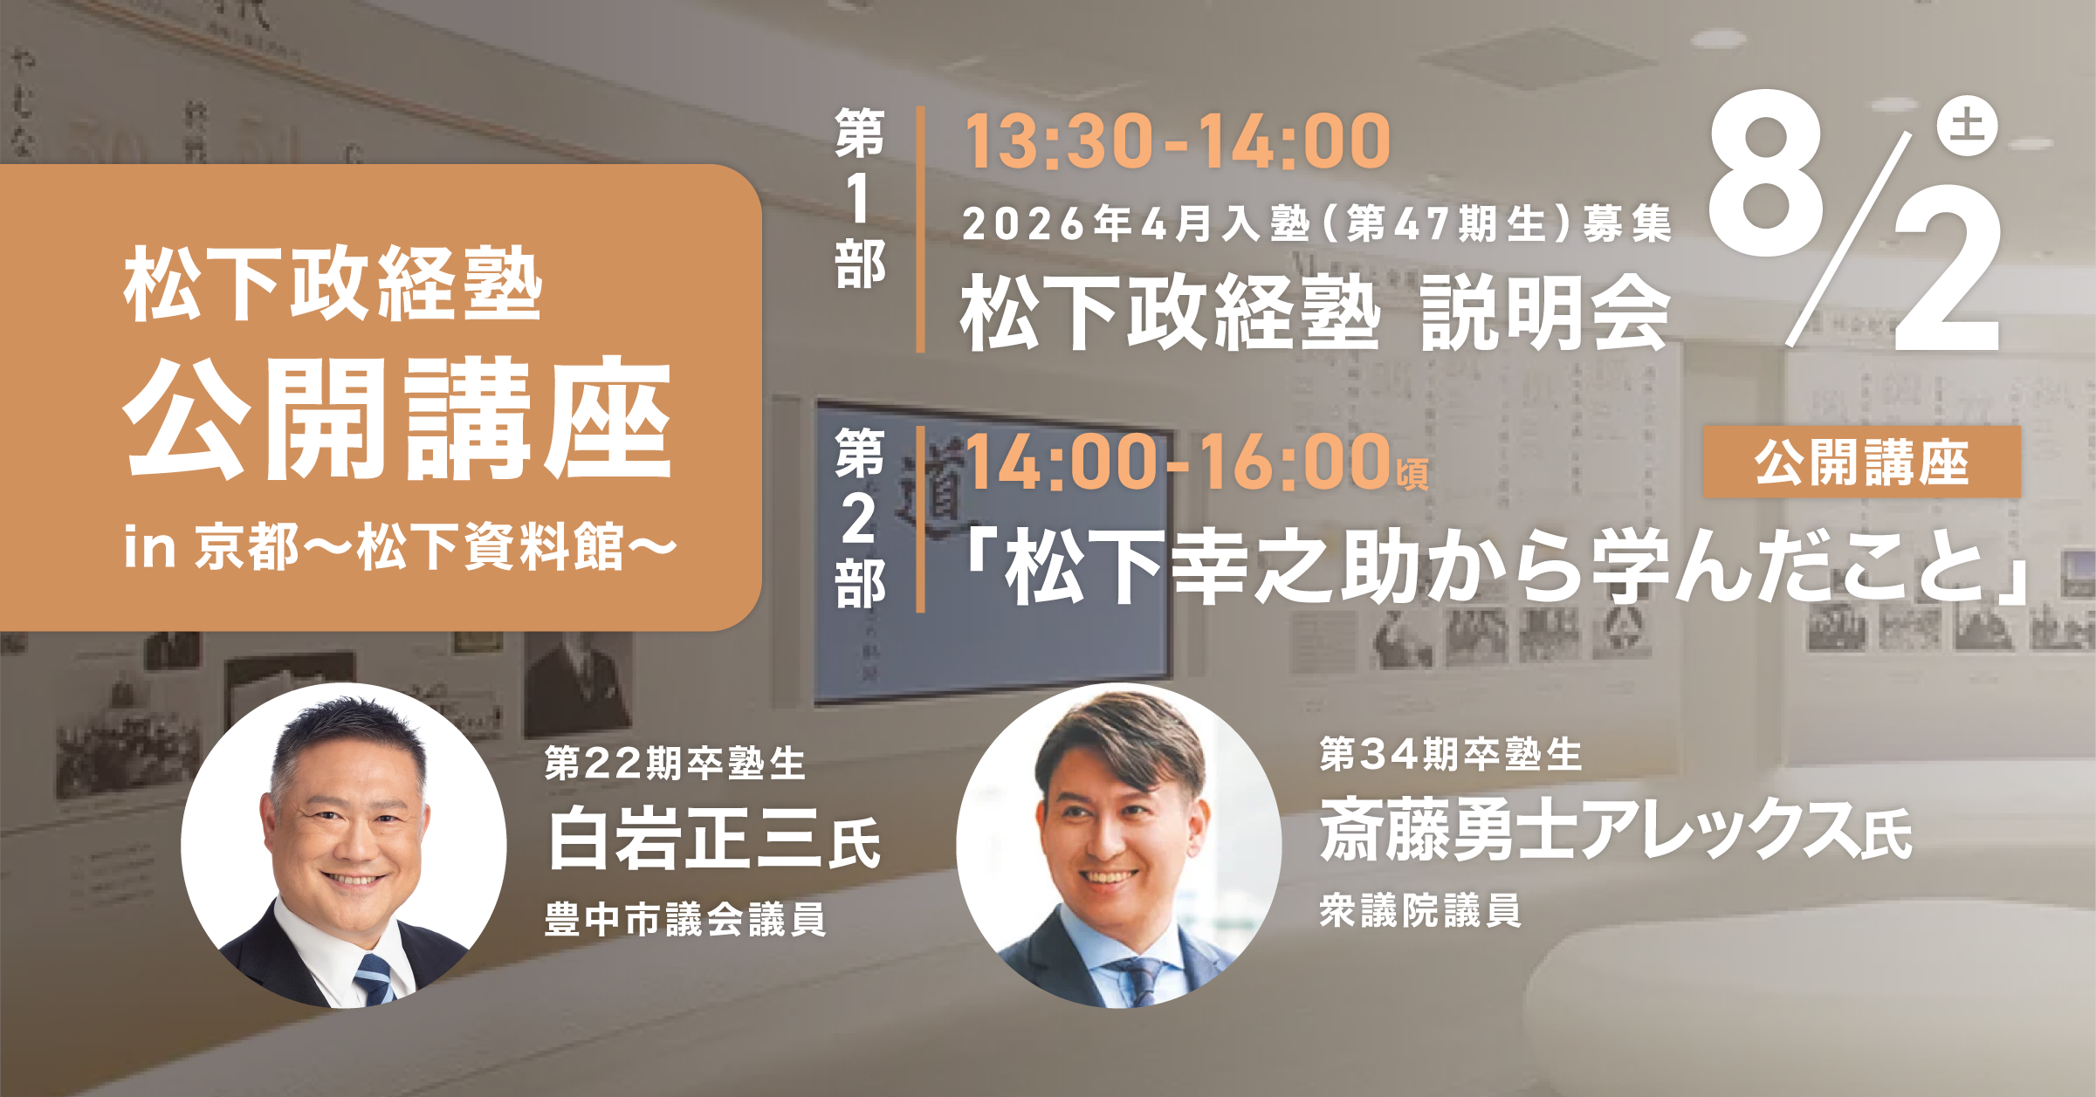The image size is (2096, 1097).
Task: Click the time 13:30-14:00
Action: (1177, 141)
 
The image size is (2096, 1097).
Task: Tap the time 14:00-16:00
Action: (1177, 462)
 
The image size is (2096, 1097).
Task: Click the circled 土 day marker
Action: (1968, 126)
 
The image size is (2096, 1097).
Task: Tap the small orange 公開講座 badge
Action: (1862, 462)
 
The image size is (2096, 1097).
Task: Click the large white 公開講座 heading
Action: (398, 419)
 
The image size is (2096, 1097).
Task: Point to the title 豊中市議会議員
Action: (685, 920)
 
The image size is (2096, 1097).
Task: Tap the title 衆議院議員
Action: (1420, 910)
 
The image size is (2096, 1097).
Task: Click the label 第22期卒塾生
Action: (675, 763)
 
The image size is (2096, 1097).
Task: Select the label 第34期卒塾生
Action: (1451, 754)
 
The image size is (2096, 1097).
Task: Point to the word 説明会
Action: (1546, 312)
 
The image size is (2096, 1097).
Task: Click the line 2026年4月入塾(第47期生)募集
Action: (1316, 223)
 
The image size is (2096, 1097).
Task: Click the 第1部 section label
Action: (860, 198)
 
